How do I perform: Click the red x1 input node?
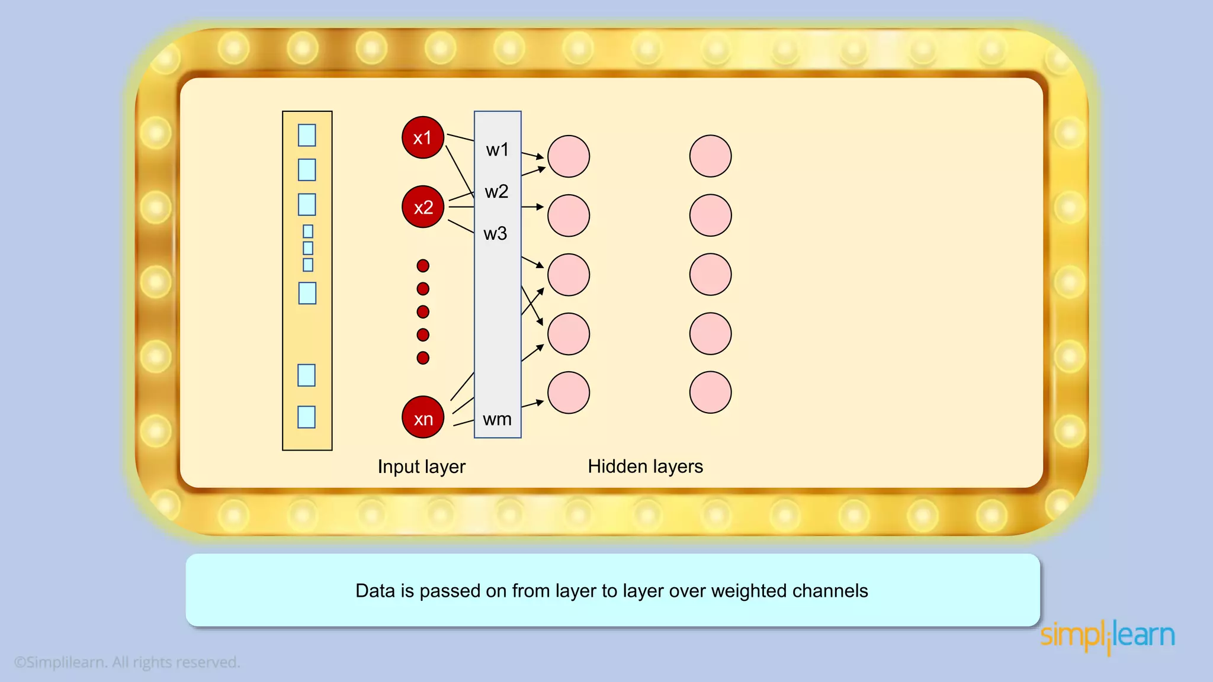tap(422, 137)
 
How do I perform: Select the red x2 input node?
tap(422, 207)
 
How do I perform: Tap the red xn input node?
tap(422, 417)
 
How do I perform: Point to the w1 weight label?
tap(497, 150)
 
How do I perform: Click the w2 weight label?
tap(496, 192)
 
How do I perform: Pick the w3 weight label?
tap(495, 234)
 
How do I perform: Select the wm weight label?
tap(497, 419)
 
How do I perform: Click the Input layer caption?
tap(421, 467)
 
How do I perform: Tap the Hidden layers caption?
tap(645, 467)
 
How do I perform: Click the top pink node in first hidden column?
tap(568, 156)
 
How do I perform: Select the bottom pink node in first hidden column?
tap(568, 392)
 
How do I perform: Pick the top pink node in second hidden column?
tap(710, 156)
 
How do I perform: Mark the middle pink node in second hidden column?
tap(710, 275)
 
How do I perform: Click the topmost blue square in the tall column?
tap(307, 135)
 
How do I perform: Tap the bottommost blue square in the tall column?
tap(306, 417)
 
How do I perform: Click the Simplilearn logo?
tap(1107, 636)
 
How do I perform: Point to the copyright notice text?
tap(127, 662)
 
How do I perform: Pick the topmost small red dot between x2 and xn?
tap(423, 266)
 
